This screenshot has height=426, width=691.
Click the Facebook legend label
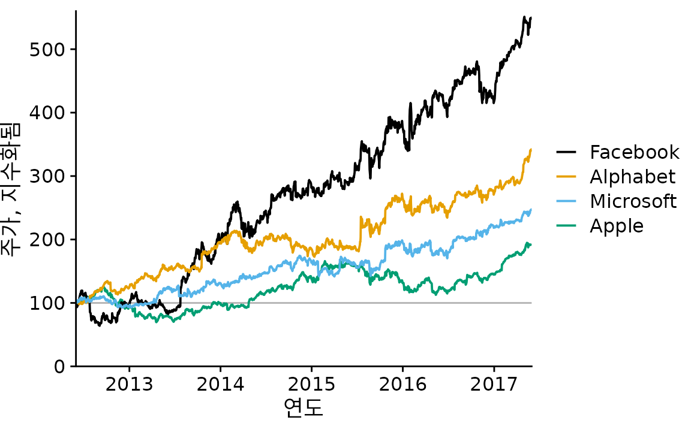(x=635, y=153)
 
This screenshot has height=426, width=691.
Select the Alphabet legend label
(x=632, y=177)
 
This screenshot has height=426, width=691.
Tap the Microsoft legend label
(x=633, y=201)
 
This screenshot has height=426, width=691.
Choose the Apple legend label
(x=617, y=226)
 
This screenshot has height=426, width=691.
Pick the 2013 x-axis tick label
(x=129, y=384)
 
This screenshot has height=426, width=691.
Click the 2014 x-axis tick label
(x=220, y=384)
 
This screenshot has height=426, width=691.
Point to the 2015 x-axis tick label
(x=311, y=384)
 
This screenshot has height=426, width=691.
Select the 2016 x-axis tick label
(x=403, y=384)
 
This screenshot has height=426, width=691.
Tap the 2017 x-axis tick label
(x=494, y=384)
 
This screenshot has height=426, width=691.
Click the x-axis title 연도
(x=304, y=407)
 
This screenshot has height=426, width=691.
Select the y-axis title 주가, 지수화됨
(x=11, y=188)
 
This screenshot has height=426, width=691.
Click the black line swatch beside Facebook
(x=567, y=153)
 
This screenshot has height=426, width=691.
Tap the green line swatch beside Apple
(x=567, y=226)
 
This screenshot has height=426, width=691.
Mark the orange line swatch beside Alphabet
(x=567, y=177)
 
